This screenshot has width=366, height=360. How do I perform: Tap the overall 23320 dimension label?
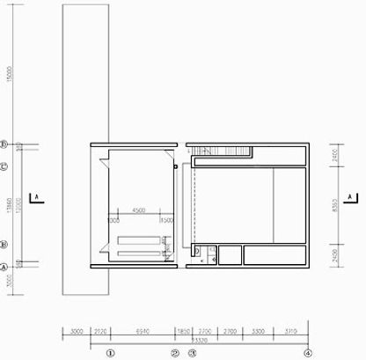[200, 339]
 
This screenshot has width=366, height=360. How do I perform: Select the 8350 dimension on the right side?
[336, 202]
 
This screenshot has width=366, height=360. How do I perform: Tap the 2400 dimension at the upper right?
[336, 155]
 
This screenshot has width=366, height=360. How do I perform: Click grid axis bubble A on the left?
[4, 266]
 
